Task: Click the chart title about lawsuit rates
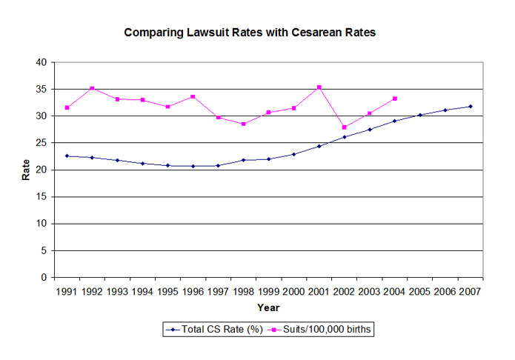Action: coord(256,33)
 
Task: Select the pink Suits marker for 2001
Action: coord(319,87)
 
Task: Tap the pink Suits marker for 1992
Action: coord(93,88)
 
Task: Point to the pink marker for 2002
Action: coord(345,127)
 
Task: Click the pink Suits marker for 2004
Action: coord(395,99)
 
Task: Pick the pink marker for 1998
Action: coord(244,124)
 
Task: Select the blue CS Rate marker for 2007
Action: coord(471,107)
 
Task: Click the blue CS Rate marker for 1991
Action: coord(67,156)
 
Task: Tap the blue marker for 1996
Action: coord(193,166)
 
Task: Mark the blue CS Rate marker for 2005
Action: coord(420,115)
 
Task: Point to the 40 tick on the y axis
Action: coord(45,62)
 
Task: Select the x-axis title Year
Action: coord(268,306)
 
